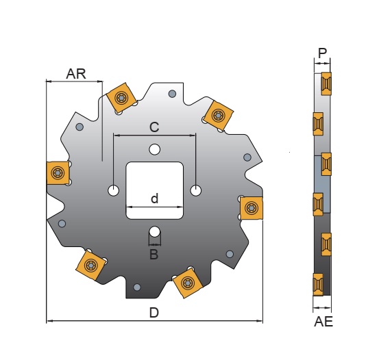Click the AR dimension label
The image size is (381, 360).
(76, 74)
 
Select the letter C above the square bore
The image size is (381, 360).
(154, 127)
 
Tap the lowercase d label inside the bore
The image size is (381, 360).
(154, 198)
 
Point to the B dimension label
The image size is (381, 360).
(154, 255)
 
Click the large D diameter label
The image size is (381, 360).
(155, 313)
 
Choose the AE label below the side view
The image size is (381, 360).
(323, 321)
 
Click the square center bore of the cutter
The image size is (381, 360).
(154, 190)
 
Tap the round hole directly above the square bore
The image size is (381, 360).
(155, 149)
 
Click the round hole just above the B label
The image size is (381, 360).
(155, 231)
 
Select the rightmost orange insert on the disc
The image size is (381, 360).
(251, 207)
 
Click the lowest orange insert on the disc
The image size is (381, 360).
(186, 283)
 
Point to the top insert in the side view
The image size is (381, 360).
(326, 83)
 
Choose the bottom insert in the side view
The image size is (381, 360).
(319, 283)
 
